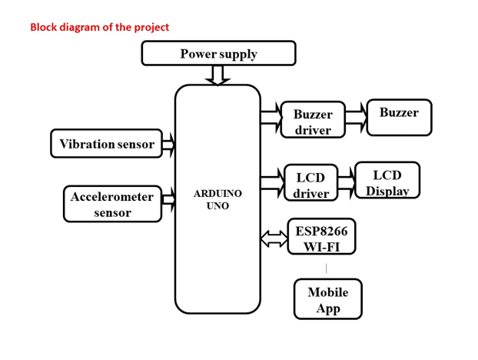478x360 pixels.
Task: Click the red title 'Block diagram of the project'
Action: (x=99, y=27)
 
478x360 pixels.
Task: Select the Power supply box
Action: (x=218, y=53)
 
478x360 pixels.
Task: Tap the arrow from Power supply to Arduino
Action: (x=217, y=75)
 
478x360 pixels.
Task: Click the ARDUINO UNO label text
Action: (x=217, y=199)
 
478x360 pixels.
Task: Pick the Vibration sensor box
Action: (x=106, y=144)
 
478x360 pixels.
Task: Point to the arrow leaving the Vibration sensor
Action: (x=169, y=144)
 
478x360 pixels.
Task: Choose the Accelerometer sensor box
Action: (x=112, y=204)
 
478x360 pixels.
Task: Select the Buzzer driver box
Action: (x=312, y=122)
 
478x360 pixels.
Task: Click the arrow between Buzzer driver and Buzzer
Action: (x=356, y=116)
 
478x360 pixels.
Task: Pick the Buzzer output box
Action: (x=399, y=117)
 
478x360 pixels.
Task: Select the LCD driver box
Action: (x=310, y=185)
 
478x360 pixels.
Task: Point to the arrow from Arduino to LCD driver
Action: (x=273, y=182)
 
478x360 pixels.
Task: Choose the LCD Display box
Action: (x=387, y=181)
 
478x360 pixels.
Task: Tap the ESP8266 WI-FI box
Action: (x=321, y=238)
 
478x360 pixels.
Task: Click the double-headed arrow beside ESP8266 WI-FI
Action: (x=274, y=239)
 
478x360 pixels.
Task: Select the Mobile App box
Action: (x=327, y=299)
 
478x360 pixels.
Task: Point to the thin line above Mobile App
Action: (x=327, y=268)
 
